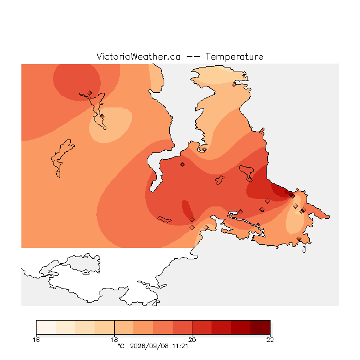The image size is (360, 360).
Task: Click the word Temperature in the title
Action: pyautogui.click(x=234, y=57)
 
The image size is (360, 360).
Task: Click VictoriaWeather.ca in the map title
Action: pyautogui.click(x=138, y=57)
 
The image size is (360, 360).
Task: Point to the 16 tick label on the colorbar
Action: pyautogui.click(x=36, y=340)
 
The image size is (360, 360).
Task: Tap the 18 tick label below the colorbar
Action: pyautogui.click(x=114, y=340)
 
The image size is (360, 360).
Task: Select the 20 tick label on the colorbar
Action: pyautogui.click(x=192, y=340)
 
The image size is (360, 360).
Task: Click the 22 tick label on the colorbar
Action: pyautogui.click(x=270, y=340)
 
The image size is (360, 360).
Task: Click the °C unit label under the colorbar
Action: pyautogui.click(x=121, y=346)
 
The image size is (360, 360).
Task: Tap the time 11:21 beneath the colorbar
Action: pyautogui.click(x=180, y=346)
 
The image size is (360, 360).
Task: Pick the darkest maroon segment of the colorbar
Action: pyautogui.click(x=260, y=327)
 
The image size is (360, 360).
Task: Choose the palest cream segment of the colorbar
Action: pyautogui.click(x=46, y=327)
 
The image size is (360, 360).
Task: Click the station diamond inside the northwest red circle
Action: pyautogui.click(x=90, y=93)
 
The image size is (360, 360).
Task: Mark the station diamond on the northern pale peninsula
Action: pyautogui.click(x=234, y=85)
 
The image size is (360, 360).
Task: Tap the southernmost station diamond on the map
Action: pyautogui.click(x=299, y=238)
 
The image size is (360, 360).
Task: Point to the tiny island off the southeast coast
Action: pyautogui.click(x=304, y=250)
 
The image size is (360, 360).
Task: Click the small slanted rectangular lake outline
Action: pyautogui.click(x=164, y=219)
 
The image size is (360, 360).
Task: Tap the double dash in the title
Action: pyautogui.click(x=193, y=57)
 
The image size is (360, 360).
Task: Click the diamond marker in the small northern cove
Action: pyautogui.click(x=204, y=150)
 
